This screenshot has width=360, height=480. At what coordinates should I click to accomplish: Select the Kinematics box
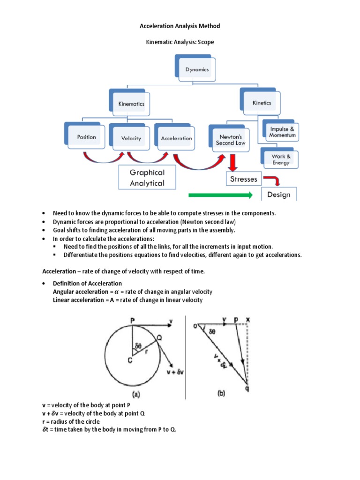point(131,104)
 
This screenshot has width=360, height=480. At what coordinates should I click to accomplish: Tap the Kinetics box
point(262,103)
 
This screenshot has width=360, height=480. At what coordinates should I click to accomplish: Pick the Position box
point(86,137)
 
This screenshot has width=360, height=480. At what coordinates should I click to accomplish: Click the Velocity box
point(131,138)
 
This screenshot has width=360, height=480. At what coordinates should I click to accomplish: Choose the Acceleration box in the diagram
point(176,138)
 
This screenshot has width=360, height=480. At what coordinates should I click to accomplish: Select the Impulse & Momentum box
point(282,132)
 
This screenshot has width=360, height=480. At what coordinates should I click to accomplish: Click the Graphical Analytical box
point(147,178)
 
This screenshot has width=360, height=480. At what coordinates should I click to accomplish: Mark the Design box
point(278,195)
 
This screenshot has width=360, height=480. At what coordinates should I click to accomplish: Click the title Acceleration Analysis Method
point(180,26)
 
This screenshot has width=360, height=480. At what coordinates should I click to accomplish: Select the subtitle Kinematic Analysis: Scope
point(180,42)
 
